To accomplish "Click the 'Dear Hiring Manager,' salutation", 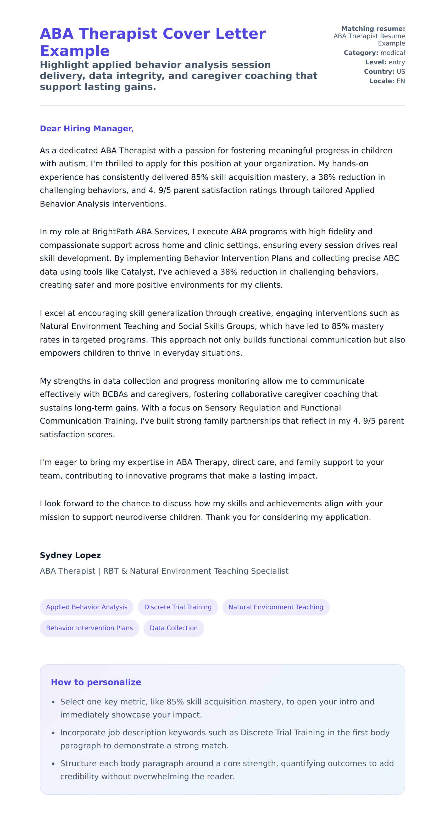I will [86, 129].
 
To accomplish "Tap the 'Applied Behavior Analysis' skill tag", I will [86, 607].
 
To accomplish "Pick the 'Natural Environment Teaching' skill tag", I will [276, 607].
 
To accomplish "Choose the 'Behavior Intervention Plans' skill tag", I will [89, 628].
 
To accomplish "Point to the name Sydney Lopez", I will [70, 555].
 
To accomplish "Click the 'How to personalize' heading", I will [96, 682].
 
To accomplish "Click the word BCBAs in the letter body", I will [115, 394].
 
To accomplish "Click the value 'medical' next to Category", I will [393, 53].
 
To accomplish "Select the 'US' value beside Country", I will [401, 72].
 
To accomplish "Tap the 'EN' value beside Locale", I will [401, 81].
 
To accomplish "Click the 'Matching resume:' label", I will [373, 29].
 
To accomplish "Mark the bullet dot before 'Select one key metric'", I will [53, 702].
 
